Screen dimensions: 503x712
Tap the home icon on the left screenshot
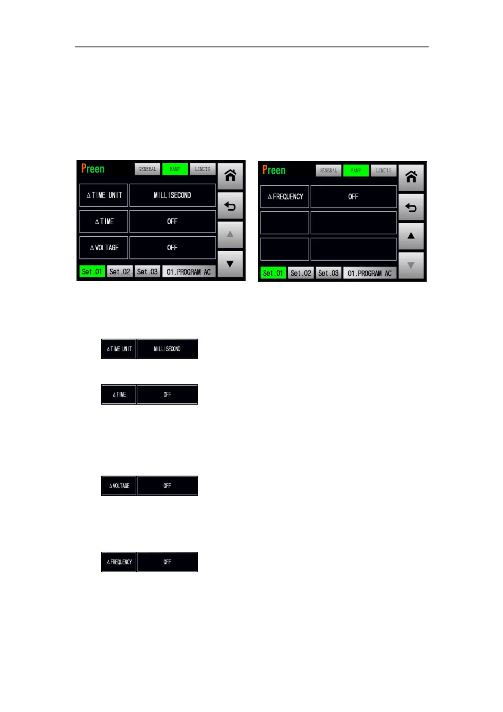[x=230, y=175]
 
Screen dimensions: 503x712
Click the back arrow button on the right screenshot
[x=411, y=208]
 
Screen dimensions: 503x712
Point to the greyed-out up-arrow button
[x=230, y=234]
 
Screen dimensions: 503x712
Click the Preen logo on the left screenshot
[x=93, y=169]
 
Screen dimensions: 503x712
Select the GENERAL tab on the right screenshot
[x=328, y=170]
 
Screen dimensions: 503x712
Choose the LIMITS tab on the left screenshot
[x=202, y=169]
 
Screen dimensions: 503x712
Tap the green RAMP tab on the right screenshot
[x=356, y=170]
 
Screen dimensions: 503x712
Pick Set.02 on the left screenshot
[x=120, y=272]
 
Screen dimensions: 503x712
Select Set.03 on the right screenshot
[x=328, y=273]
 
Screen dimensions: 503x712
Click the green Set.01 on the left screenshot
[x=92, y=272]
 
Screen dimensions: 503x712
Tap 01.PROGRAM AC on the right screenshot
[x=369, y=273]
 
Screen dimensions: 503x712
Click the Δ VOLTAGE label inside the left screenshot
[x=104, y=248]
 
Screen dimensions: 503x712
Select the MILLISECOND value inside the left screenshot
[x=172, y=195]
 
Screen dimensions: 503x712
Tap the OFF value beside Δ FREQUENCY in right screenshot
[x=353, y=197]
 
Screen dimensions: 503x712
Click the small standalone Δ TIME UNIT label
[x=119, y=349]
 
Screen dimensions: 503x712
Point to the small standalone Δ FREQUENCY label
[x=119, y=562]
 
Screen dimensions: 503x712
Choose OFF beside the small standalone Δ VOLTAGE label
[x=167, y=486]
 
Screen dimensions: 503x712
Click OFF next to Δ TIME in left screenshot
[x=172, y=222]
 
